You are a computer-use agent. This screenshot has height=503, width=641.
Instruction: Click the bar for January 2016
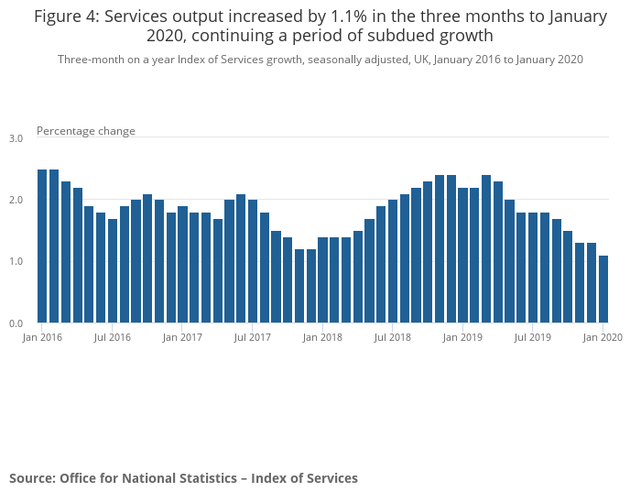(42, 246)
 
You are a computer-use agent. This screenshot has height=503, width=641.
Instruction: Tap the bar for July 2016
(113, 271)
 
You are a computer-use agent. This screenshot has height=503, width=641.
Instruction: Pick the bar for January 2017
(182, 265)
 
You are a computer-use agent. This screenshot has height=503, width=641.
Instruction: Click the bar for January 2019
(463, 256)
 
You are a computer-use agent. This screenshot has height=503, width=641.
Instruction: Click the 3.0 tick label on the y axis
(16, 138)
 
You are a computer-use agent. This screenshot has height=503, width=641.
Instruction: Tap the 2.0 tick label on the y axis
(16, 200)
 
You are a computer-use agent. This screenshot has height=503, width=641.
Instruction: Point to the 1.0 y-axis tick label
(16, 262)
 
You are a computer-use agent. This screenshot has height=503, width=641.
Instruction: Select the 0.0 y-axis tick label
(16, 323)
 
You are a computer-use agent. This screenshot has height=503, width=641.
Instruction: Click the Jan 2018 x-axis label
(322, 338)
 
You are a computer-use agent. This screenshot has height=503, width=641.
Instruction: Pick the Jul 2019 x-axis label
(533, 338)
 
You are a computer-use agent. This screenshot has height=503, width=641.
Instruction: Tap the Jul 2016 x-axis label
(113, 338)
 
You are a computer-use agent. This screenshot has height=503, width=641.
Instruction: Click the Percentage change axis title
(86, 131)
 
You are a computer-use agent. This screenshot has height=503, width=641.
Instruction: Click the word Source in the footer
(32, 478)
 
